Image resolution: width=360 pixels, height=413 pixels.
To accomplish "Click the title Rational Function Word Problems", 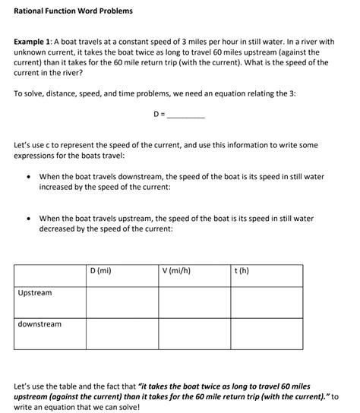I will coord(73,11).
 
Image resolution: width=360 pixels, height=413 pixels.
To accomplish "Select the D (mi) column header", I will coord(101,270).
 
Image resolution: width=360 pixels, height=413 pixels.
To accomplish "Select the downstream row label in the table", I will coord(39,324).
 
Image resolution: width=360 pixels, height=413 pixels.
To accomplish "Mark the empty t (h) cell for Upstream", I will coord(267,301).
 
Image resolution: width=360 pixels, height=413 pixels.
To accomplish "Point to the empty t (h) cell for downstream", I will coord(267,333).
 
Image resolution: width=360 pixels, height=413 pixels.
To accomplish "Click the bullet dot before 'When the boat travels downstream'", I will coord(28,177).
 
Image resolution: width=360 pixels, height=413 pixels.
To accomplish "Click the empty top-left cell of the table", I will coord(49,275).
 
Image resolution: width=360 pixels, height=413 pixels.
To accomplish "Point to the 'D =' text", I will coord(159,115).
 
